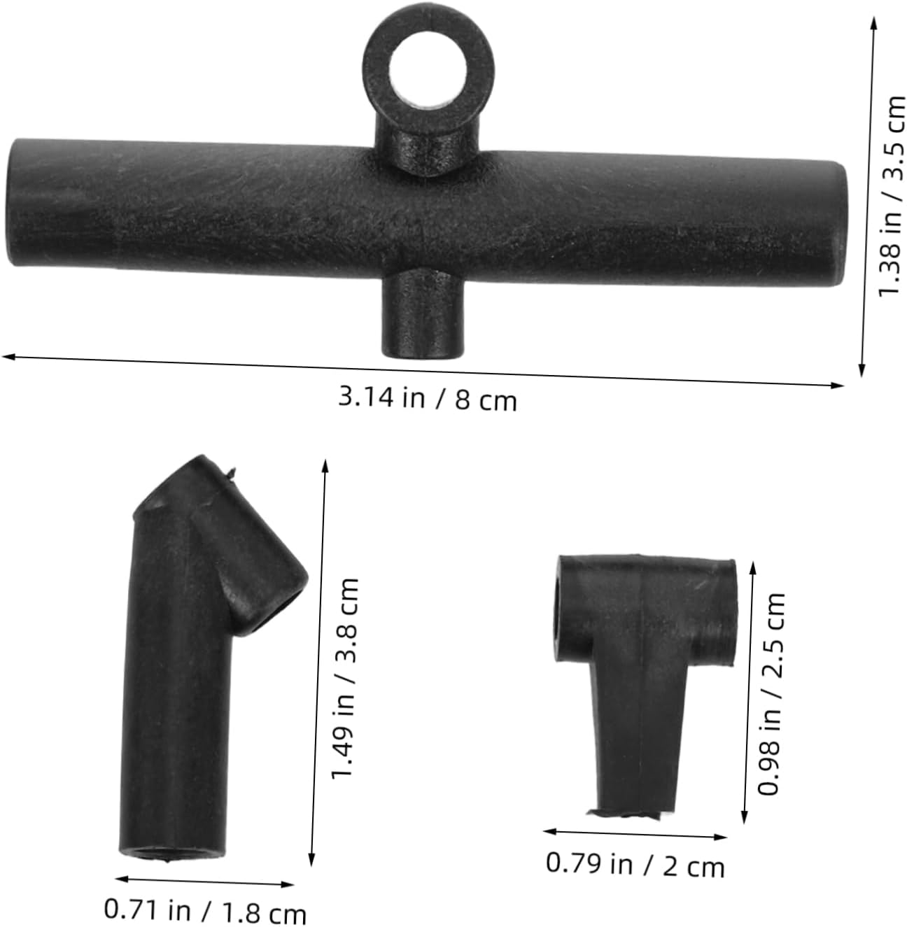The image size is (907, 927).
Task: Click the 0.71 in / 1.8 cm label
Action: click(x=205, y=911)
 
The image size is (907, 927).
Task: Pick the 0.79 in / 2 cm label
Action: click(x=635, y=865)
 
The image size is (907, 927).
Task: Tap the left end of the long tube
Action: click(x=14, y=202)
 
